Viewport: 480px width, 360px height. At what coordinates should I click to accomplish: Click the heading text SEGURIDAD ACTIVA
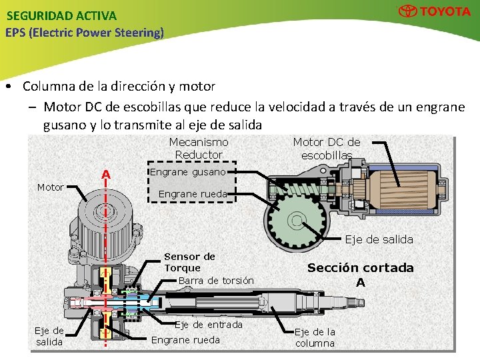pyautogui.click(x=61, y=15)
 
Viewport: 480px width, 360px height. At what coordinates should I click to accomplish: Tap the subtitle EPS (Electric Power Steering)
pyautogui.click(x=84, y=32)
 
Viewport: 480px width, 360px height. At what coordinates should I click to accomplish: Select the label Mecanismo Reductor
pyautogui.click(x=199, y=148)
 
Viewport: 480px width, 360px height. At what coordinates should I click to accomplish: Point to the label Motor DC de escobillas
pyautogui.click(x=327, y=148)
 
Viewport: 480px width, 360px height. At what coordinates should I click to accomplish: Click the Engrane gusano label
pyautogui.click(x=187, y=172)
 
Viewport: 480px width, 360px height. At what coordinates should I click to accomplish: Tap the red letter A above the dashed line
pyautogui.click(x=105, y=175)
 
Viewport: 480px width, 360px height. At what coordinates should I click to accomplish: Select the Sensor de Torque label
pyautogui.click(x=189, y=262)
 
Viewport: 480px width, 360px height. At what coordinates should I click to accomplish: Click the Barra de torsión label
pyautogui.click(x=216, y=281)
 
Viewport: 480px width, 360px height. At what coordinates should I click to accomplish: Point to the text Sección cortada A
pyautogui.click(x=360, y=274)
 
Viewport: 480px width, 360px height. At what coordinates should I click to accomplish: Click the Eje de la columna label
pyautogui.click(x=315, y=337)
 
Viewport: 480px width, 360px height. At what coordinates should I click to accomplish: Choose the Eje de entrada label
pyautogui.click(x=209, y=325)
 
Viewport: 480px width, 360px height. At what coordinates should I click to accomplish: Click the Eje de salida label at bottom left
pyautogui.click(x=49, y=336)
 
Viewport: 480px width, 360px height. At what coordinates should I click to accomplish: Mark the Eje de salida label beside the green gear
pyautogui.click(x=379, y=239)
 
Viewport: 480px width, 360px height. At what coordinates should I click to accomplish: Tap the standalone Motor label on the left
pyautogui.click(x=51, y=187)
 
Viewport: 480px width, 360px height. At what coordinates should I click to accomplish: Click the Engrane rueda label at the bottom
pyautogui.click(x=185, y=340)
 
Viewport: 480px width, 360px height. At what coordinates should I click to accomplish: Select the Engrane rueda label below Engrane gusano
pyautogui.click(x=193, y=194)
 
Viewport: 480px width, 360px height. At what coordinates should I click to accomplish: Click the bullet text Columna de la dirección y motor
pyautogui.click(x=119, y=86)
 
